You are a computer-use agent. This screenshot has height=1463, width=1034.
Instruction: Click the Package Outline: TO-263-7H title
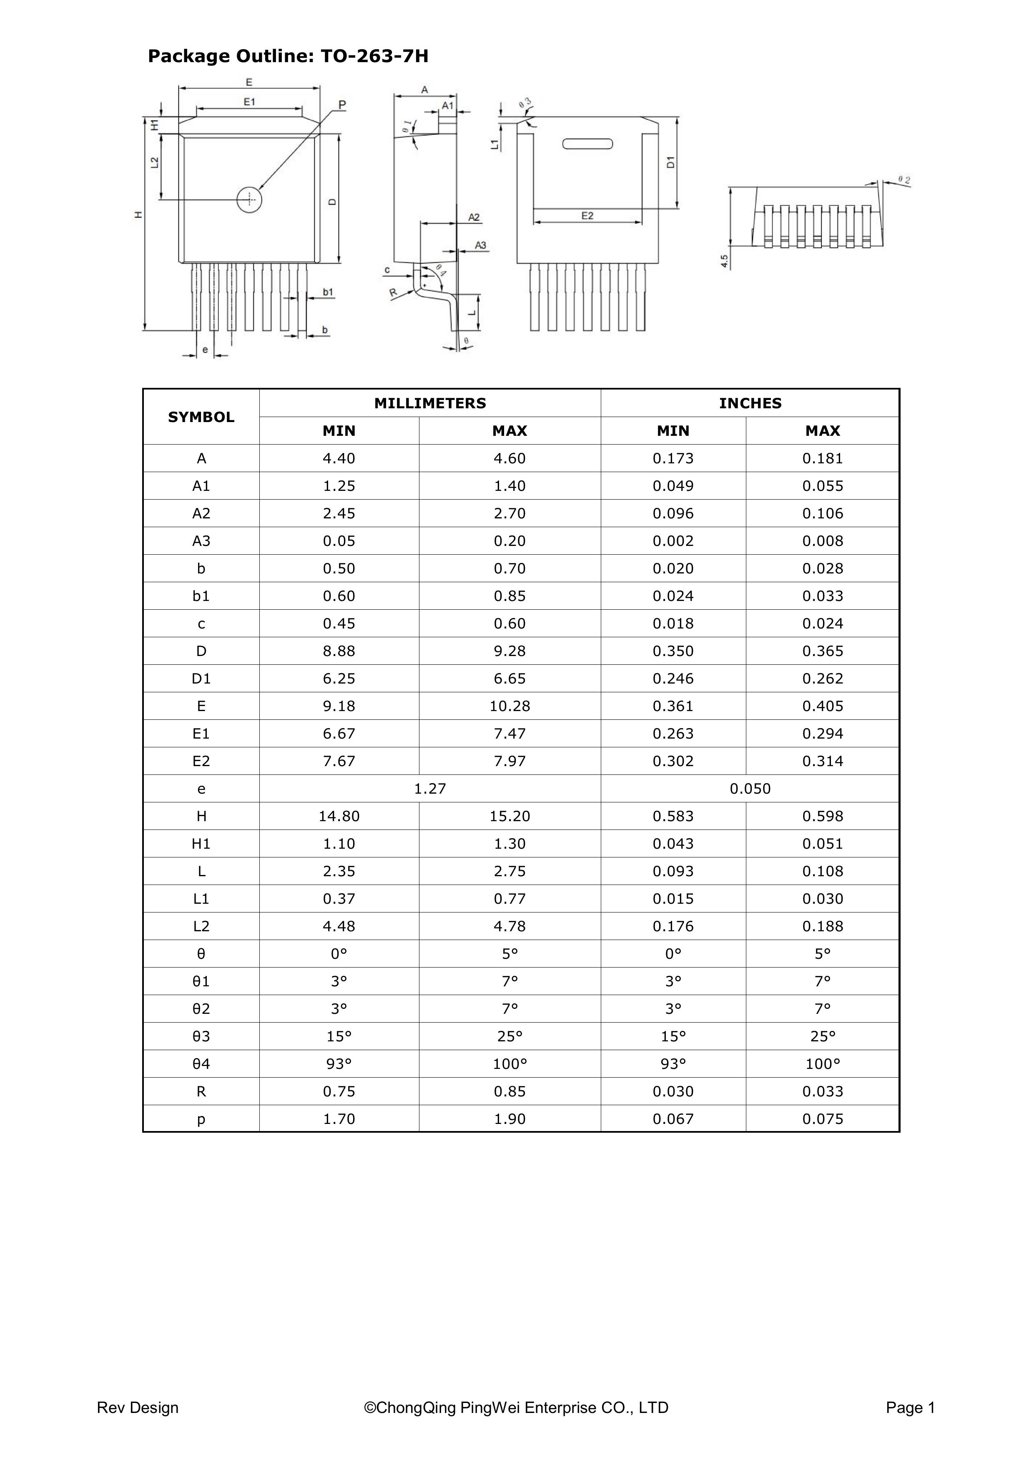coord(288,57)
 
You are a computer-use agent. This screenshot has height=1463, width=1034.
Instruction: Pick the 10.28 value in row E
coord(509,706)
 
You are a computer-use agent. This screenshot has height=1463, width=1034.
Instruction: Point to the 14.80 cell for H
coord(339,816)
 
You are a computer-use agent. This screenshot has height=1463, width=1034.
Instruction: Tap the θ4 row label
coord(201,1064)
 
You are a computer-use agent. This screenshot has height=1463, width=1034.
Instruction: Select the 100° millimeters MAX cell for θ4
coord(509,1064)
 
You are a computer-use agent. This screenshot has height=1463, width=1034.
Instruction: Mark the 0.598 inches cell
coord(823,816)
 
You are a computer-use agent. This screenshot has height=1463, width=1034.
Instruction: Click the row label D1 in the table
coord(201,679)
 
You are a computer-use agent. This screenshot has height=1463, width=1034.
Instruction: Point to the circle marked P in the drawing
coord(249,199)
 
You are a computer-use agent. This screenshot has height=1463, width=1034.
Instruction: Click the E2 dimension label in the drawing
coord(587,216)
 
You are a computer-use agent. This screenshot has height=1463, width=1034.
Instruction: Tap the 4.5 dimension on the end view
coord(724,261)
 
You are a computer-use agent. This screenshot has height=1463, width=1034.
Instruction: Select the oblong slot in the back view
coord(587,144)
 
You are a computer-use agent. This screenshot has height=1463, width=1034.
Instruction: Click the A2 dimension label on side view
coord(474,217)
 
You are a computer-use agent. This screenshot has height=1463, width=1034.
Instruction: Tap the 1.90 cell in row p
coord(509,1119)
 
